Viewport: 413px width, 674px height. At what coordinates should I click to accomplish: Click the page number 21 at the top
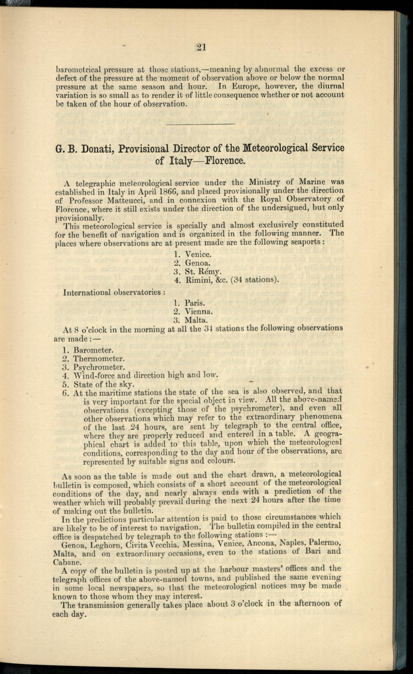(x=201, y=48)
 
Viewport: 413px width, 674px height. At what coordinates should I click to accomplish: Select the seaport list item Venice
(x=198, y=254)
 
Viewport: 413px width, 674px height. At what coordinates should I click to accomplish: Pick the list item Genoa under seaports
(x=198, y=263)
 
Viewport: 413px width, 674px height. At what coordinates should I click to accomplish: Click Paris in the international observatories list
(x=195, y=302)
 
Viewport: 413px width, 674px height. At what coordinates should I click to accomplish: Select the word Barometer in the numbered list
(x=93, y=350)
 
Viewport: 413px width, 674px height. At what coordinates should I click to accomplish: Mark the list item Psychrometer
(x=99, y=367)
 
